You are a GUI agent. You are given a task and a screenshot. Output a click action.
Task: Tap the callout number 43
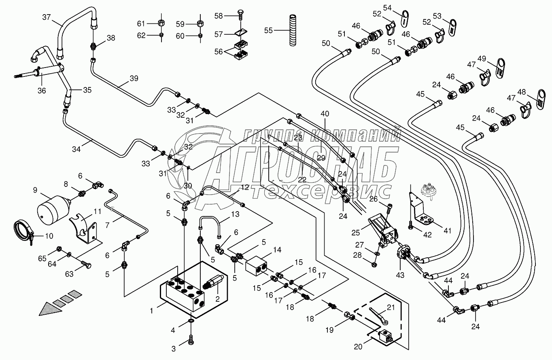click(400, 275)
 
